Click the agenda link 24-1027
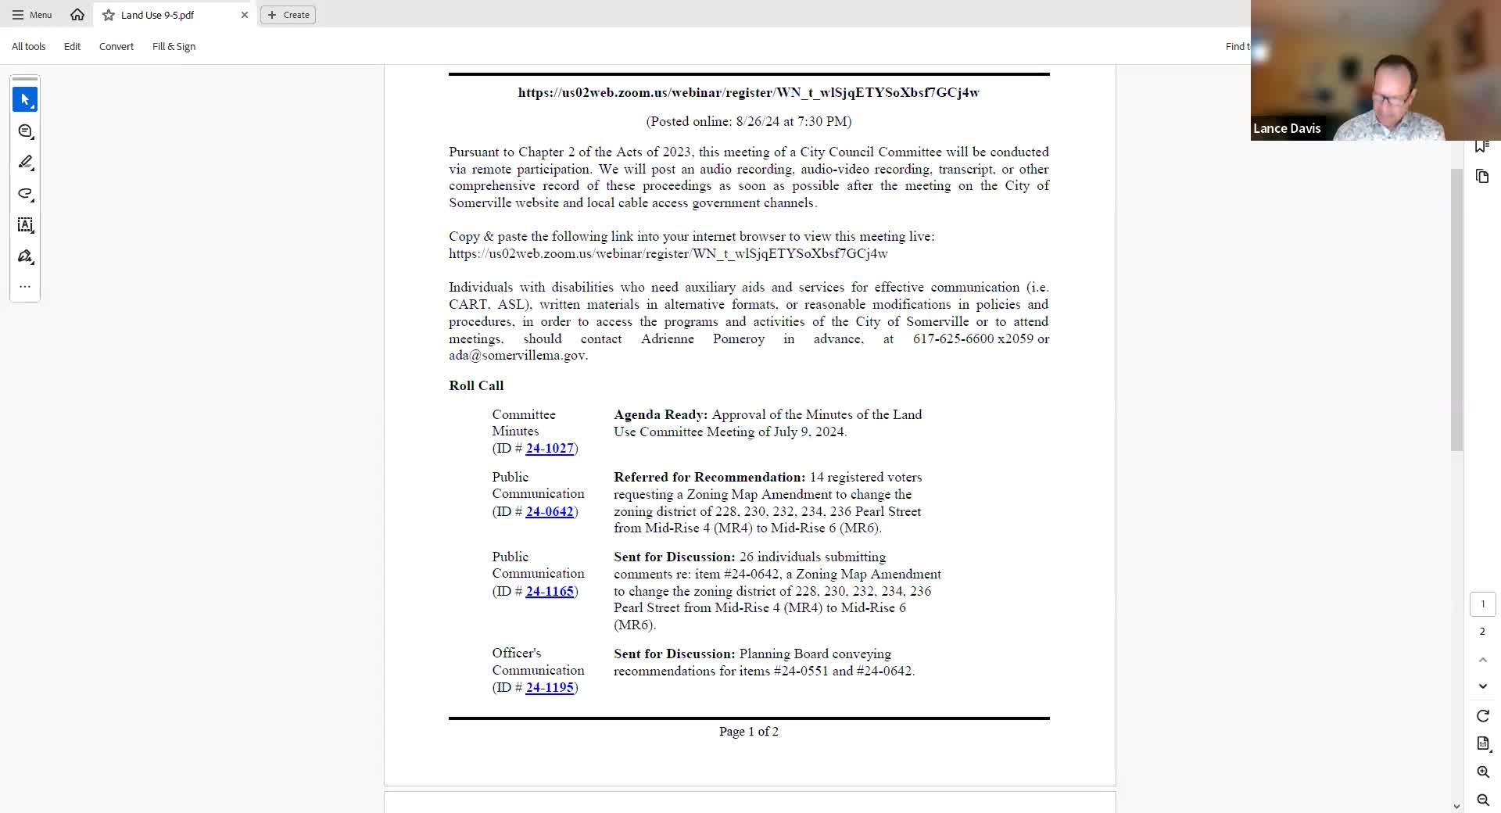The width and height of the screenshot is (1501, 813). (x=550, y=448)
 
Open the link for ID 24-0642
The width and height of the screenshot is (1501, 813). (x=550, y=511)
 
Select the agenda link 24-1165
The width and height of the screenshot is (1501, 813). (x=550, y=591)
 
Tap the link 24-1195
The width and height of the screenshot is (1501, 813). (x=550, y=687)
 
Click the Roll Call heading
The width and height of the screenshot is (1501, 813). (x=476, y=385)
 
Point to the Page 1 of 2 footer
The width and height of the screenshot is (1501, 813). (x=748, y=732)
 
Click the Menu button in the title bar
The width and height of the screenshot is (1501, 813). (x=32, y=15)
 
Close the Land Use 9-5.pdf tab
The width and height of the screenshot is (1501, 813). (x=245, y=15)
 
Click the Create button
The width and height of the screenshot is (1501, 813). (x=288, y=15)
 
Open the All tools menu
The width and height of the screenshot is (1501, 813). (x=29, y=47)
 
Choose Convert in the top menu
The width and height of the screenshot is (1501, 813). (x=116, y=47)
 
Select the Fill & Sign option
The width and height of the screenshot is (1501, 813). (x=174, y=47)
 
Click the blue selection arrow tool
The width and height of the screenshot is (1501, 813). (x=25, y=100)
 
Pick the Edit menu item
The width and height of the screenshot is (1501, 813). (x=72, y=47)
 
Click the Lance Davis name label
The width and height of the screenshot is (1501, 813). (x=1287, y=129)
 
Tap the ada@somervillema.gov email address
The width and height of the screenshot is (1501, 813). (x=517, y=356)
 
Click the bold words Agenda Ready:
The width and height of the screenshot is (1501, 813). (x=661, y=414)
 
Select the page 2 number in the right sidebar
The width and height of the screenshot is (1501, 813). (x=1482, y=632)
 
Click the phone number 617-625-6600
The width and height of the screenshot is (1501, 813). (x=953, y=338)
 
